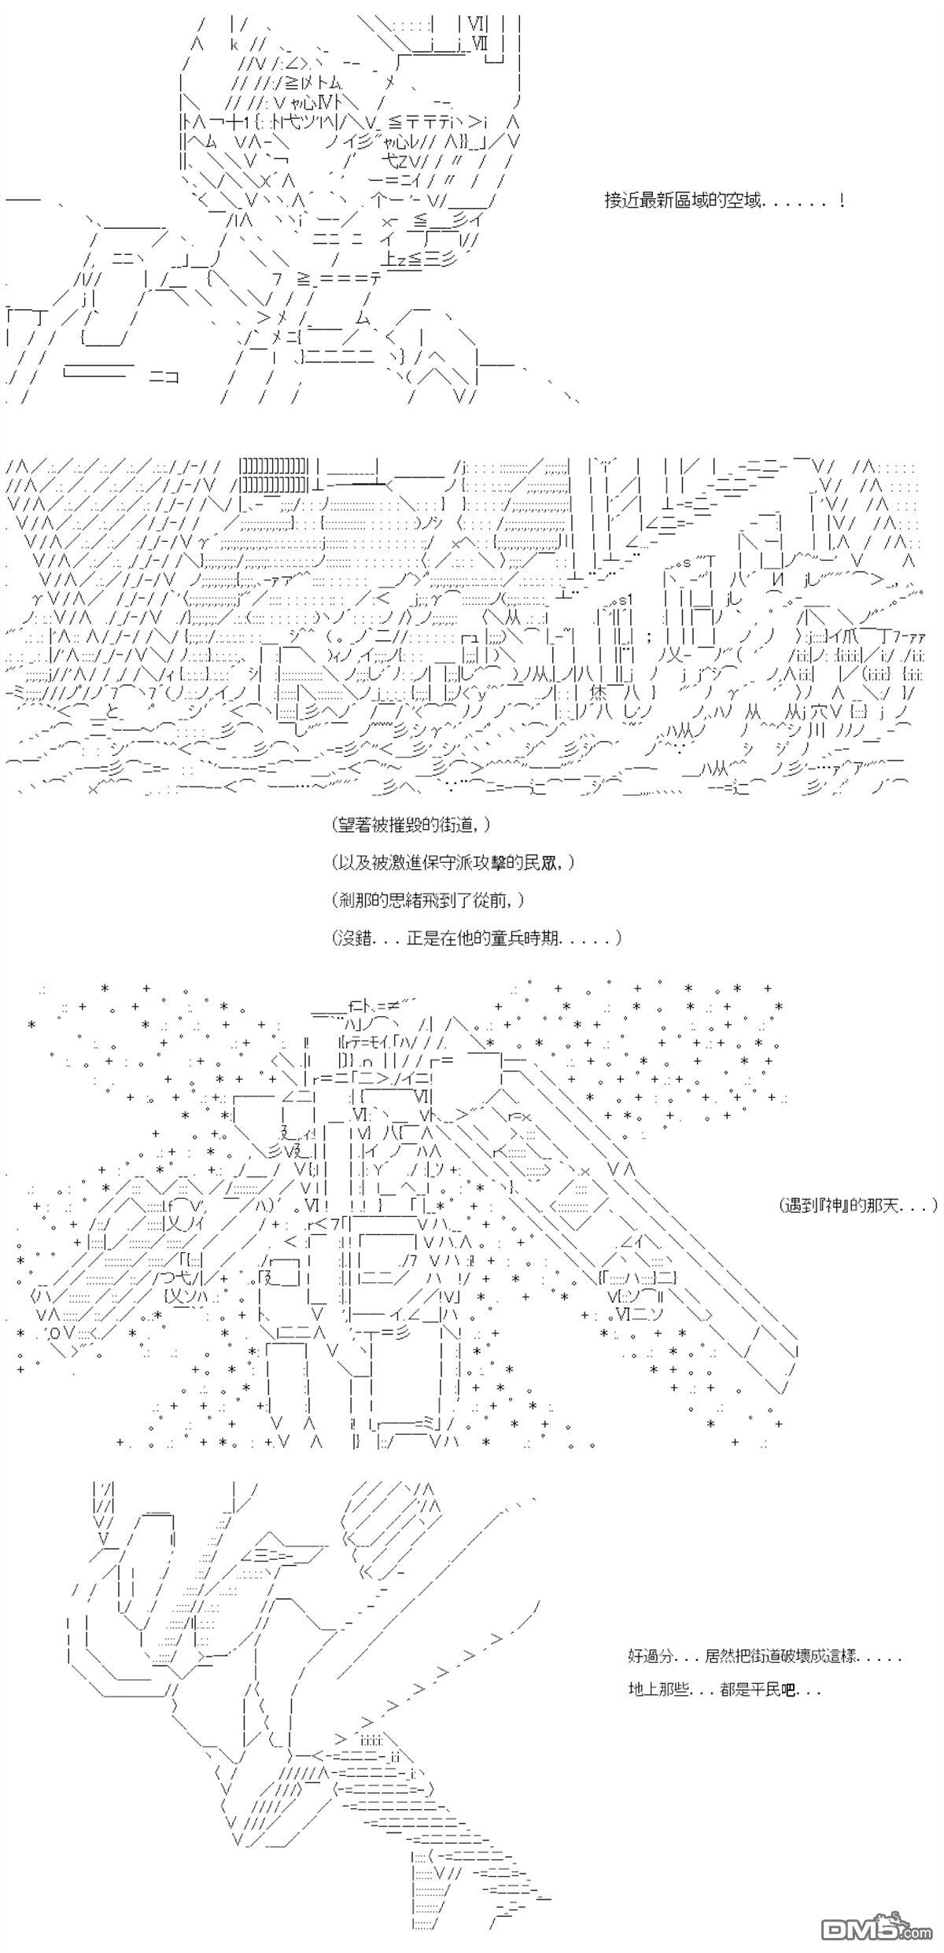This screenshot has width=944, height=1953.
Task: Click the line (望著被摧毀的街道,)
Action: click(x=413, y=825)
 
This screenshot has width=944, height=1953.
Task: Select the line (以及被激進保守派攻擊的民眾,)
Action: click(x=453, y=863)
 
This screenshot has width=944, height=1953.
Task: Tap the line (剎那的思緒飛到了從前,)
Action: click(x=429, y=900)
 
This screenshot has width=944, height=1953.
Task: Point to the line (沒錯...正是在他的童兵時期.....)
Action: click(x=477, y=938)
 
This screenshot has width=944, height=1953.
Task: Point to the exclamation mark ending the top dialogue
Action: click(x=843, y=201)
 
